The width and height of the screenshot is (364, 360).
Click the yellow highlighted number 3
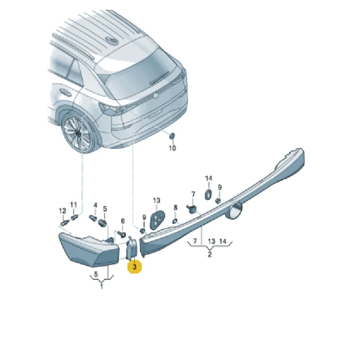pyautogui.click(x=134, y=267)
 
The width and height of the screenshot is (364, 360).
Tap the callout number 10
pyautogui.click(x=172, y=148)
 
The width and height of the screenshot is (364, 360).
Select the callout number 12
pyautogui.click(x=63, y=211)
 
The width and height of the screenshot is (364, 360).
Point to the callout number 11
pyautogui.click(x=74, y=205)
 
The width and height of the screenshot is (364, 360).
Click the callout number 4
pyautogui.click(x=96, y=205)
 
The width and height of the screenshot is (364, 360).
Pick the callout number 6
pyautogui.click(x=123, y=221)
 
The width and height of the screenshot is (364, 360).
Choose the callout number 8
pyautogui.click(x=175, y=208)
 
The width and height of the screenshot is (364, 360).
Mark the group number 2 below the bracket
pyautogui.click(x=210, y=254)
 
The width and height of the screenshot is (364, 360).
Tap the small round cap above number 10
pyautogui.click(x=172, y=136)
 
